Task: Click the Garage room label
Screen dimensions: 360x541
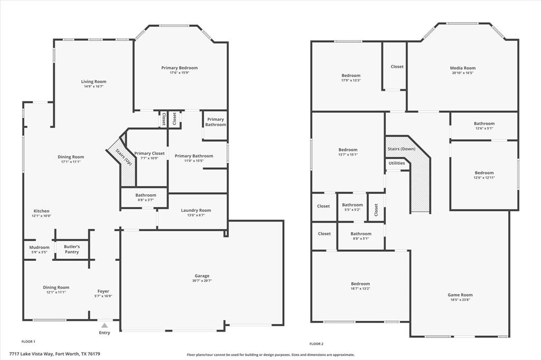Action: (202, 276)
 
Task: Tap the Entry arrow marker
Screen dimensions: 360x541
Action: (105, 326)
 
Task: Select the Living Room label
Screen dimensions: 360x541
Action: (94, 82)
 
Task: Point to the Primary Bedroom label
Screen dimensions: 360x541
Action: (179, 68)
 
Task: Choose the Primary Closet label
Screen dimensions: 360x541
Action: (150, 154)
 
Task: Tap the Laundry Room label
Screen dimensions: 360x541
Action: (195, 211)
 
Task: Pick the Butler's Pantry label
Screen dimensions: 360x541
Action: (72, 249)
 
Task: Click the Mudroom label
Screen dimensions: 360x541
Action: (39, 248)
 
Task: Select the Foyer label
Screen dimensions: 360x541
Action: (103, 291)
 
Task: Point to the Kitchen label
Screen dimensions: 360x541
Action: (41, 211)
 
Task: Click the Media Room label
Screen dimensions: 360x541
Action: (462, 68)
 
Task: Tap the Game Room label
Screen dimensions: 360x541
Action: (460, 295)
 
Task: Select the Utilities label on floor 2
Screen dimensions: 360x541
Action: (397, 163)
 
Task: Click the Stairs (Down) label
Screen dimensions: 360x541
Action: (402, 149)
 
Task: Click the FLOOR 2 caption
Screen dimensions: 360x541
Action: (316, 344)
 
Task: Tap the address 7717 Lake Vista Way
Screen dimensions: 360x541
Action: (54, 354)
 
